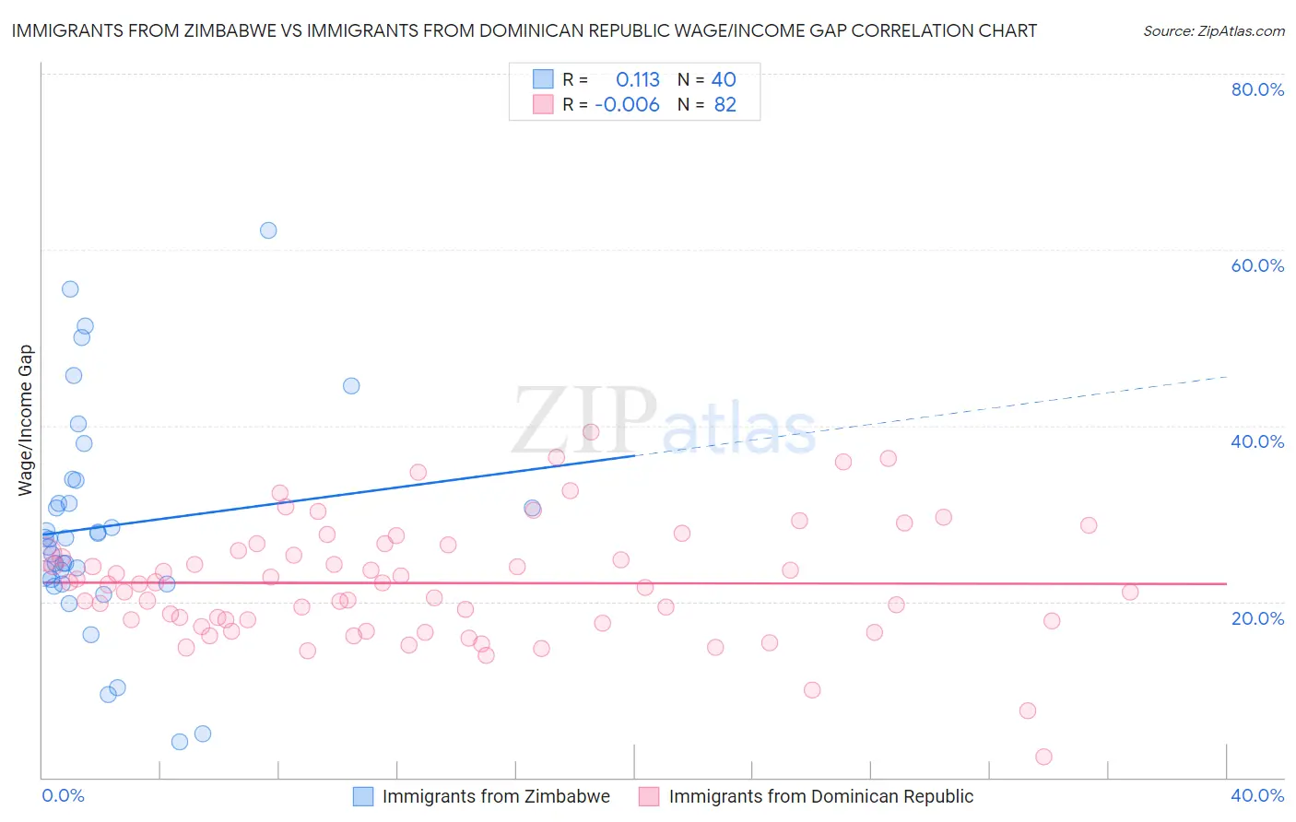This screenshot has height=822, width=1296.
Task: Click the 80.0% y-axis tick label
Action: (1257, 89)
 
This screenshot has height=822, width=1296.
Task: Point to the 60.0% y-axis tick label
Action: (1257, 265)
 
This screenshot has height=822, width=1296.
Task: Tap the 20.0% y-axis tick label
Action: (1257, 617)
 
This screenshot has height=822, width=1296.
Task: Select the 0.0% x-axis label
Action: (63, 795)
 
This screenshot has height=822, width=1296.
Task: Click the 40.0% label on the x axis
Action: (1257, 795)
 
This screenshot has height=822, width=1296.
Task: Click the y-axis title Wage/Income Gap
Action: (26, 420)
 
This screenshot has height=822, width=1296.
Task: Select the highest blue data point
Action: (268, 230)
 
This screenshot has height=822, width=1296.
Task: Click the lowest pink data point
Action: (1043, 757)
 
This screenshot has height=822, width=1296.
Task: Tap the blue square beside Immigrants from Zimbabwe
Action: (363, 796)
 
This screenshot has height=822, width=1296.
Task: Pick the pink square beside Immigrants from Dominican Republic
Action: (649, 796)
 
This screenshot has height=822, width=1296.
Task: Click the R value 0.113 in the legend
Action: (638, 80)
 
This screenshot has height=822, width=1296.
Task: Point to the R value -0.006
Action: (627, 105)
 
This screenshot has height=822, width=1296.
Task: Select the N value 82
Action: (725, 105)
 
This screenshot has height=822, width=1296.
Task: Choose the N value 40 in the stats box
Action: (724, 80)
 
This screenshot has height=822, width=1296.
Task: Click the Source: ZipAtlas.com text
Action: (1213, 31)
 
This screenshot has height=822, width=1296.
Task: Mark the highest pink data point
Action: (591, 431)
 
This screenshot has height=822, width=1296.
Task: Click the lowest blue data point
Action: (180, 742)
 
